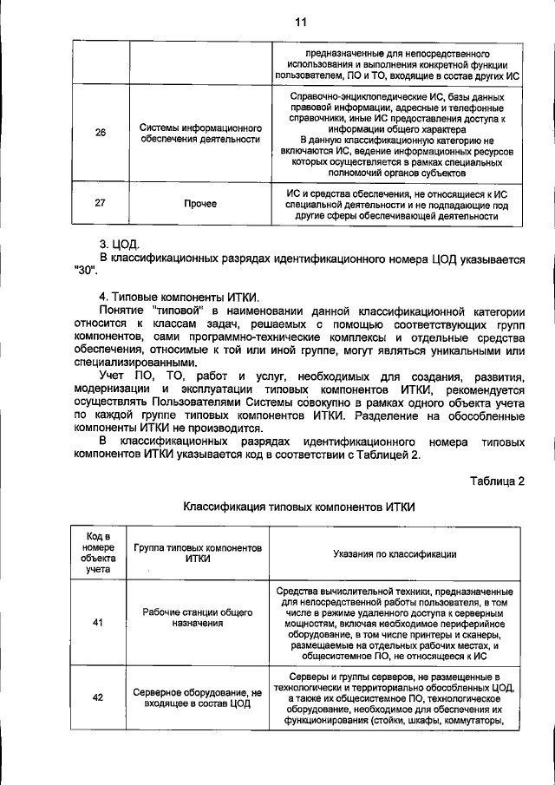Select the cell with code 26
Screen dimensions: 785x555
[101, 133]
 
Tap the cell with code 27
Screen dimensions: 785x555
[101, 204]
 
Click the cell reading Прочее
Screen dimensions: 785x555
[199, 204]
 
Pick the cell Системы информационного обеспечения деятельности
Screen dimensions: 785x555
[199, 133]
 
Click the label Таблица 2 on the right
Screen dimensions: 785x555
[497, 481]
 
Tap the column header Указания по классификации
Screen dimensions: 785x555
[397, 553]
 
